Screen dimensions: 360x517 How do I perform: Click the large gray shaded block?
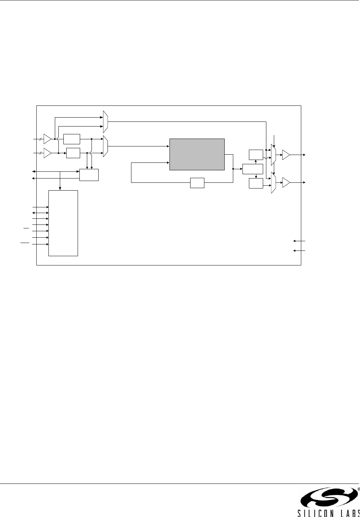pyautogui.click(x=197, y=154)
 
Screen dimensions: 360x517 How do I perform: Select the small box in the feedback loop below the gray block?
pyautogui.click(x=197, y=183)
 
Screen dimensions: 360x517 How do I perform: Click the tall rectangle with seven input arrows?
pyautogui.click(x=63, y=223)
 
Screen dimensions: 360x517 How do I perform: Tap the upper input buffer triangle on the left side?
pyautogui.click(x=47, y=139)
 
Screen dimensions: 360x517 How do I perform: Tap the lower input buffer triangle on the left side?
pyautogui.click(x=47, y=153)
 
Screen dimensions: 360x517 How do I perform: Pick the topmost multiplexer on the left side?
pyautogui.click(x=105, y=122)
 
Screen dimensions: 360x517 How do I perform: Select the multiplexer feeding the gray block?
pyautogui.click(x=105, y=146)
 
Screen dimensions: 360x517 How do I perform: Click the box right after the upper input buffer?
pyautogui.click(x=72, y=139)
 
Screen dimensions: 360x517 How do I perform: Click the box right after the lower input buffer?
pyautogui.click(x=73, y=153)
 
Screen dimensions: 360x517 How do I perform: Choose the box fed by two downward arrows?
pyautogui.click(x=89, y=175)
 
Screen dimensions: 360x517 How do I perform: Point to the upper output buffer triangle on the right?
pyautogui.click(x=286, y=155)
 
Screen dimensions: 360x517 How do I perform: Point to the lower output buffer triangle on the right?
pyautogui.click(x=286, y=183)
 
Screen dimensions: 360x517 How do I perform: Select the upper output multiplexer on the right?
pyautogui.click(x=273, y=155)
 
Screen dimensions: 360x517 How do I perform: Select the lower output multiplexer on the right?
pyautogui.click(x=273, y=183)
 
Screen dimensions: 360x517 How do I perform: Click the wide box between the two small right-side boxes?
pyautogui.click(x=252, y=169)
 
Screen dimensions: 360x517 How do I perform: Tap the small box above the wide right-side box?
pyautogui.click(x=256, y=155)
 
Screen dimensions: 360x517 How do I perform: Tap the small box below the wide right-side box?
pyautogui.click(x=256, y=183)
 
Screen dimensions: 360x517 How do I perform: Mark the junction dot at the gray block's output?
pyautogui.click(x=233, y=169)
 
